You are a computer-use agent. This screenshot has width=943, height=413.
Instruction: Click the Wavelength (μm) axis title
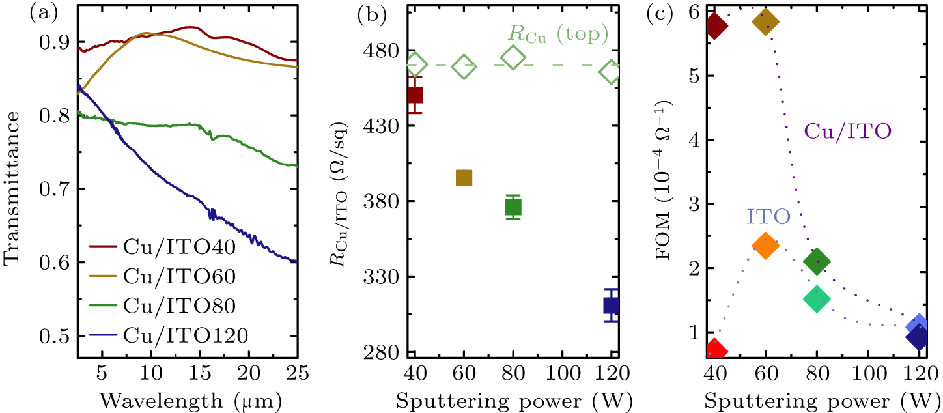(188, 397)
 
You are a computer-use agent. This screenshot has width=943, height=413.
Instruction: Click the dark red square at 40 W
(415, 95)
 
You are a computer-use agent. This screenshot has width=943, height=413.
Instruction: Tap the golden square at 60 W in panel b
(464, 178)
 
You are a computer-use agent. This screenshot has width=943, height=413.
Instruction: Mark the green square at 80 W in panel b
(513, 207)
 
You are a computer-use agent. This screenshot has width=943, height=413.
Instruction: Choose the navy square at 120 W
(611, 305)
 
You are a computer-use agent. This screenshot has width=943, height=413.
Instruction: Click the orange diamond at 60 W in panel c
(765, 246)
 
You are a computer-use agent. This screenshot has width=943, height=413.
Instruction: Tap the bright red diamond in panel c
(716, 350)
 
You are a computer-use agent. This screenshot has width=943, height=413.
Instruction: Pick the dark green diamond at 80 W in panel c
(817, 262)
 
